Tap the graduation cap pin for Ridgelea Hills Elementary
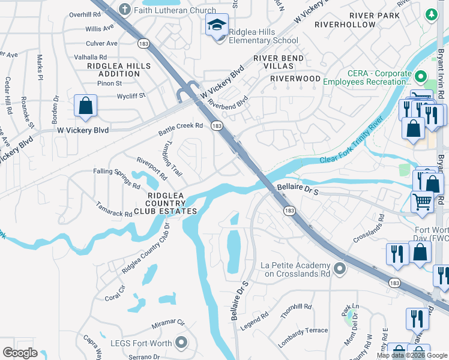[217, 25]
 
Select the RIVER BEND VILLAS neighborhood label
[278, 62]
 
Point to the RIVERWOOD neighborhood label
[295, 79]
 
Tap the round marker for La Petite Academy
[340, 268]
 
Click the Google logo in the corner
[20, 353]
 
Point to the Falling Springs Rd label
[116, 178]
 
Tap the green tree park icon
[432, 14]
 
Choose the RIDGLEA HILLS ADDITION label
[113, 69]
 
